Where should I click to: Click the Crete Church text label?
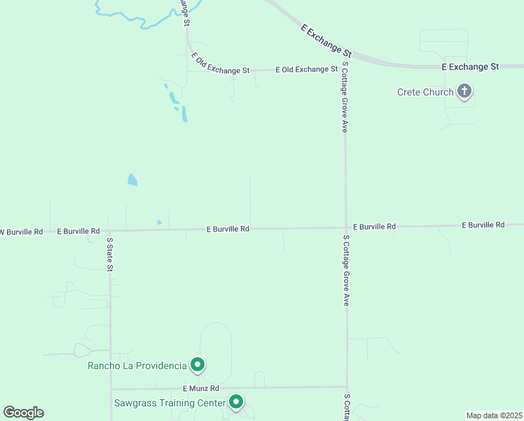click(425, 92)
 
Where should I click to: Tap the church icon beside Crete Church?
click(464, 91)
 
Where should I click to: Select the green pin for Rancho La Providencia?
click(198, 364)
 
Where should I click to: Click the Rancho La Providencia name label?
click(137, 366)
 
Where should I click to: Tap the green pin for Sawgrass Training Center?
click(236, 402)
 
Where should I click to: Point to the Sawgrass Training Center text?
click(170, 403)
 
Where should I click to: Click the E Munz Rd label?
click(201, 388)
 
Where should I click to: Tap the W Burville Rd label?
click(21, 231)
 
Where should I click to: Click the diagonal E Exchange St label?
click(326, 40)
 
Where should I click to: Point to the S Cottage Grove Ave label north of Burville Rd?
click(345, 97)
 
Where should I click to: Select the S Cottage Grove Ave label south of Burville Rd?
click(346, 270)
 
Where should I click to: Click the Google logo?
click(23, 413)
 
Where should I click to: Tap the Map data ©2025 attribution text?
click(494, 415)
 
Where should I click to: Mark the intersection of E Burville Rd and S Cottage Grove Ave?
click(346, 227)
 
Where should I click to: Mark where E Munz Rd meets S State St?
click(111, 389)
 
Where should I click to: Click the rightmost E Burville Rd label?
click(483, 225)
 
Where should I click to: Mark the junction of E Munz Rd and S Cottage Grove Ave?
click(346, 387)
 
